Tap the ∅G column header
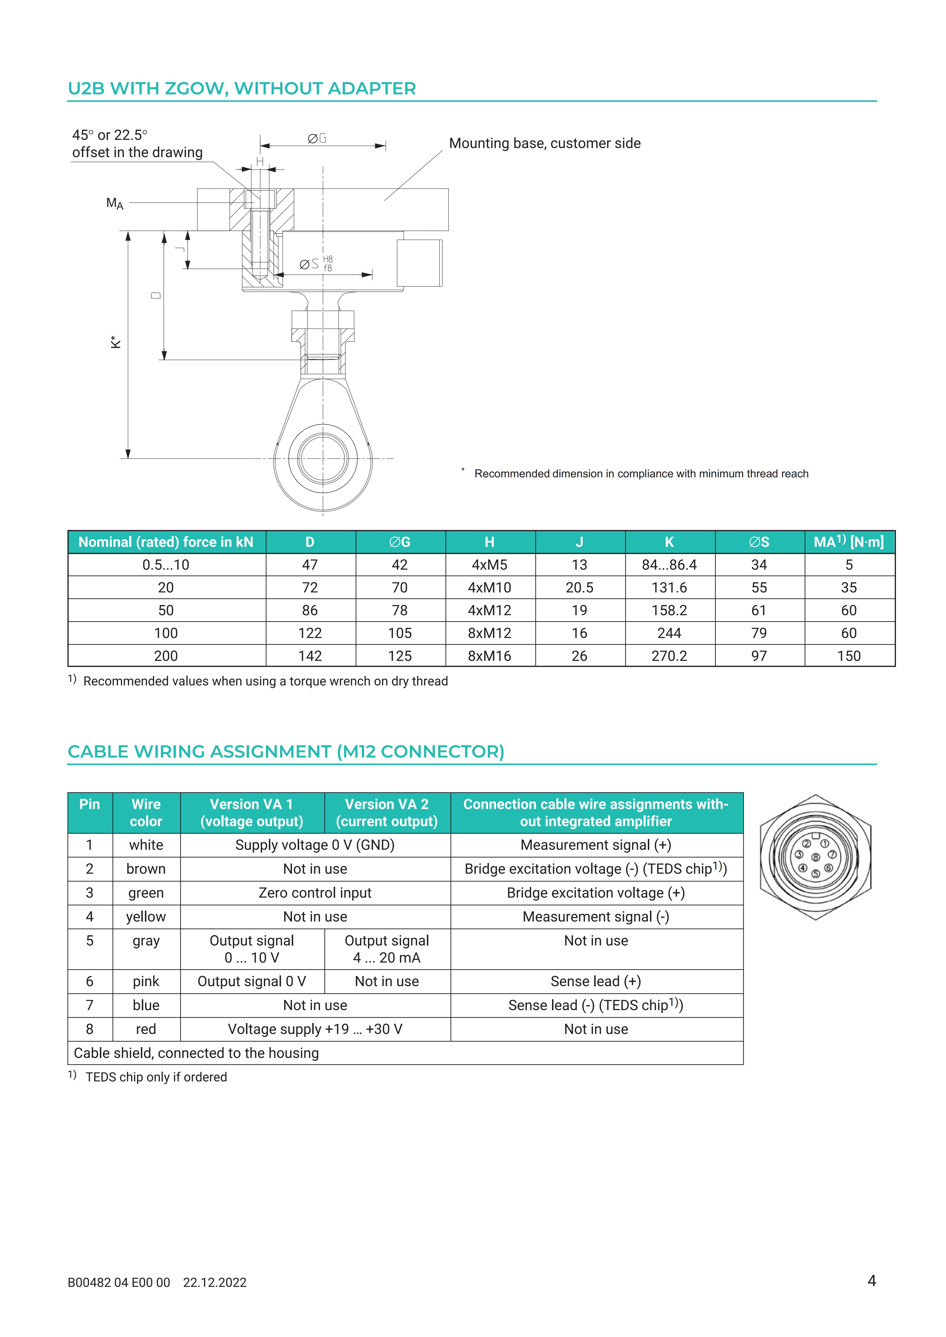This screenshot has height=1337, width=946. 400,542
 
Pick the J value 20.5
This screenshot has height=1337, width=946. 579,588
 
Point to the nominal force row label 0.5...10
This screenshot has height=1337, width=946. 166,565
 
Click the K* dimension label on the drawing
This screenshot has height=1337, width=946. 116,342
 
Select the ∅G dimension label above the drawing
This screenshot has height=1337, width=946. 317,139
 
